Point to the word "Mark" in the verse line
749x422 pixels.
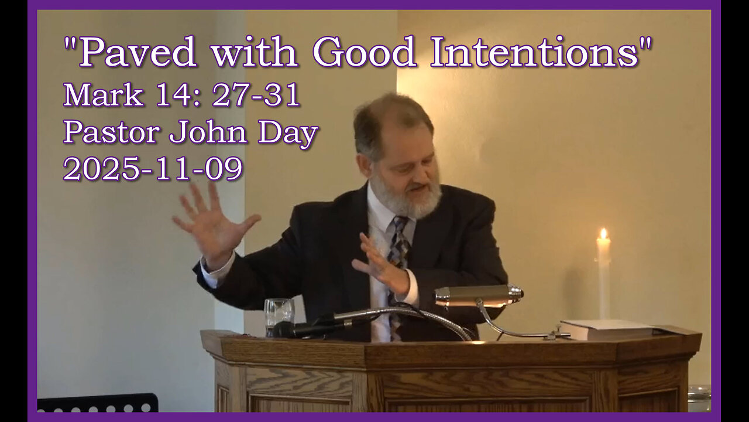tap(103, 95)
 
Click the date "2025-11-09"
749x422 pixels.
tap(153, 169)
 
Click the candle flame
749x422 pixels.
tap(603, 235)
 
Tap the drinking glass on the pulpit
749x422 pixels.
tap(279, 315)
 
